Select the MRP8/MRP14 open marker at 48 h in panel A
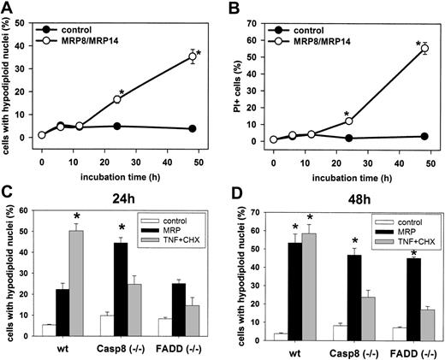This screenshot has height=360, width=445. pos(191,57)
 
